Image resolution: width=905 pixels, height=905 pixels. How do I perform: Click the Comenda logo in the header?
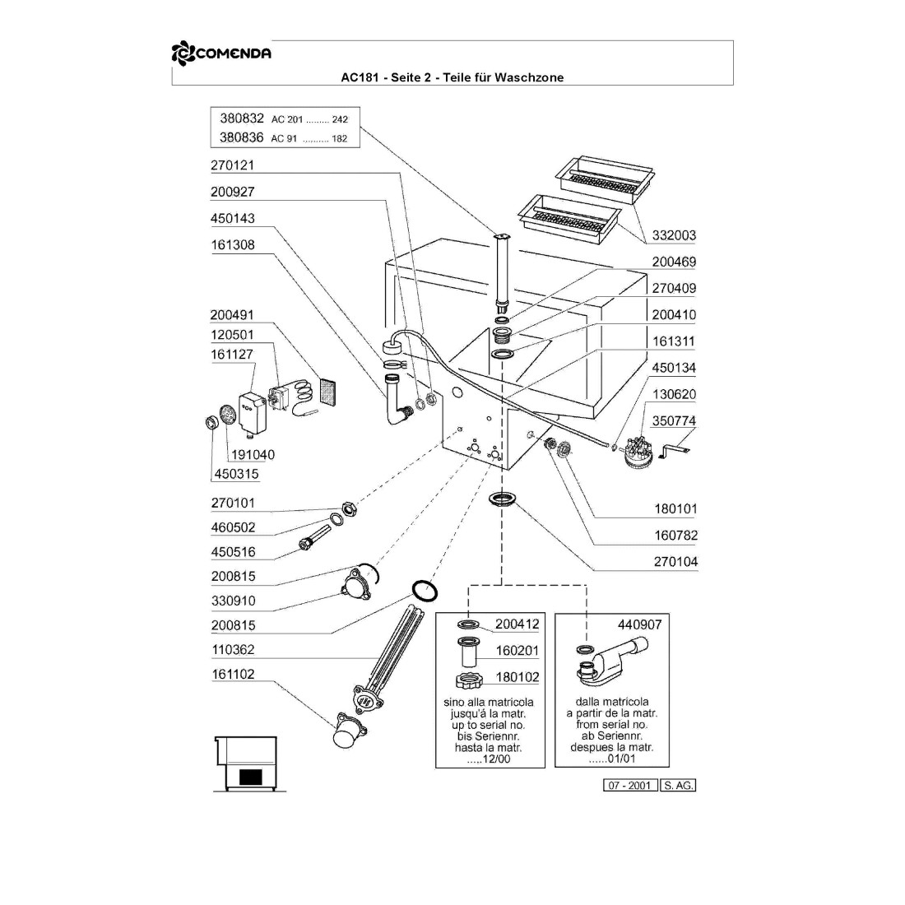[221, 54]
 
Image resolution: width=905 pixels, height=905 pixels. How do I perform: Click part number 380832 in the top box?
[241, 118]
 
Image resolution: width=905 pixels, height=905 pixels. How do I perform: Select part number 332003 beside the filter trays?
[674, 235]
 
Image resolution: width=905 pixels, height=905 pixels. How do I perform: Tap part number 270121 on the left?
[233, 165]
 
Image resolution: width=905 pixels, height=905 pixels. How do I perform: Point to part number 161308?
[233, 245]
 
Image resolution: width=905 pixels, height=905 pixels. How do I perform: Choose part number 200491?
[233, 315]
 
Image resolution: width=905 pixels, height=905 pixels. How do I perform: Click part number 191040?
[253, 455]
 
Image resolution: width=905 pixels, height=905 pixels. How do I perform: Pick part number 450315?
[236, 474]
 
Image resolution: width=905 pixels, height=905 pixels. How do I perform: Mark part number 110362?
[233, 650]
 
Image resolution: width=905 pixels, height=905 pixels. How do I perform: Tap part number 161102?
[233, 675]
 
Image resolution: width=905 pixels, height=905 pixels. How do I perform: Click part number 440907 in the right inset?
[639, 624]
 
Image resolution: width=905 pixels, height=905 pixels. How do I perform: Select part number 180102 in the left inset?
[517, 677]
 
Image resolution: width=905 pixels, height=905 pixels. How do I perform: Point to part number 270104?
[675, 562]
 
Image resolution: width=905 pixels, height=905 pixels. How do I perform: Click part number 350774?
[674, 421]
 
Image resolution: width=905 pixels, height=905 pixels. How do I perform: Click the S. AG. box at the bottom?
[679, 786]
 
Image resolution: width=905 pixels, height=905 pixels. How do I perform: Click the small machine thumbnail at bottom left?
[250, 764]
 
